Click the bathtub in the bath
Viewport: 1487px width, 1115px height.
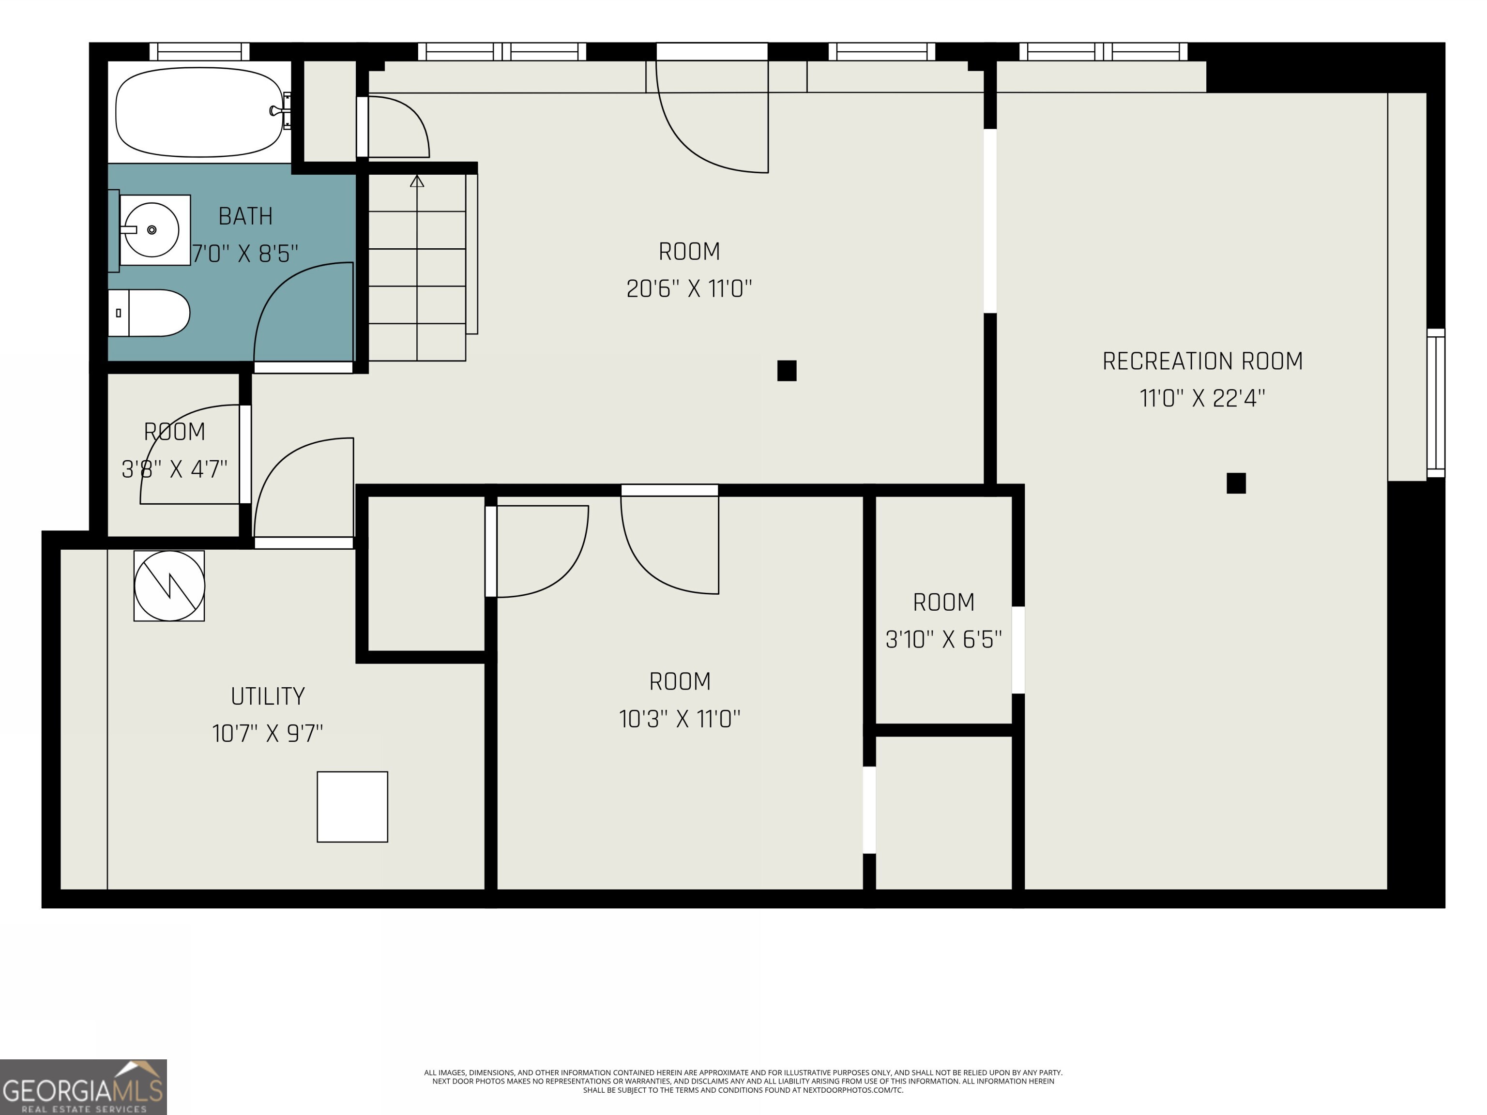pos(199,112)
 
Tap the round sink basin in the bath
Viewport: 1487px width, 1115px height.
pos(152,230)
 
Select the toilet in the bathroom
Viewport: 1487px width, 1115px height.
pos(151,313)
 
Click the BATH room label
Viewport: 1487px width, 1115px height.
pos(245,216)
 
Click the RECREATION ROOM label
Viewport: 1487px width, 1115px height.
pos(1202,362)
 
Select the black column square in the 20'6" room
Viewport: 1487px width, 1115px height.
pos(787,370)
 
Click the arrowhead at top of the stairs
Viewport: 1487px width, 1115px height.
pos(417,181)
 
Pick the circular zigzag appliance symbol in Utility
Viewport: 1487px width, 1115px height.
pos(169,586)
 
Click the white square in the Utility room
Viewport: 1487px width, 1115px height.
pos(352,807)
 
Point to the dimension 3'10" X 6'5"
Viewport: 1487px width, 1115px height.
pos(943,639)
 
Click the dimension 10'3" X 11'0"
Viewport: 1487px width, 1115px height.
pos(679,719)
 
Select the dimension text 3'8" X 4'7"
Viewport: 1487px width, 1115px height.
pos(174,469)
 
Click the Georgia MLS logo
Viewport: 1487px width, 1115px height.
pos(83,1087)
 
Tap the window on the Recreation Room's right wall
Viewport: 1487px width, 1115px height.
pos(1435,403)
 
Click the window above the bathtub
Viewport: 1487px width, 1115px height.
pos(199,52)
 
